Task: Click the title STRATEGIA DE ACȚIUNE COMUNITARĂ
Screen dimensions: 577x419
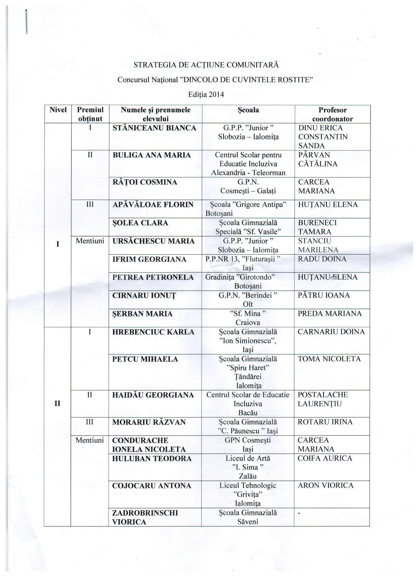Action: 206,65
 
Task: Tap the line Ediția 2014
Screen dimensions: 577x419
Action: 206,94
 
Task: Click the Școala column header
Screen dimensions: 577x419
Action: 248,110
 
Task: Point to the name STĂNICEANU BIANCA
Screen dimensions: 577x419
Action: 154,128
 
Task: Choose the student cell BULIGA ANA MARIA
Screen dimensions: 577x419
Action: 151,155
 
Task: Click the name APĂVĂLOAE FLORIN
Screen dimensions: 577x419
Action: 153,205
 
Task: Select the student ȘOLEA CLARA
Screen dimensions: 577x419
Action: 140,223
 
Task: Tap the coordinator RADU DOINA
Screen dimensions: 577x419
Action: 322,259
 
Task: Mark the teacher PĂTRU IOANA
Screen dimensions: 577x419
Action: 324,295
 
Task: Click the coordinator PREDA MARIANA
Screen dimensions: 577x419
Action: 330,313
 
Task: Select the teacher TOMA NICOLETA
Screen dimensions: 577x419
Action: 329,359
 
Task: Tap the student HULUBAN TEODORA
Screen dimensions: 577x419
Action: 152,459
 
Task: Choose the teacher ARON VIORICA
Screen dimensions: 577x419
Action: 326,485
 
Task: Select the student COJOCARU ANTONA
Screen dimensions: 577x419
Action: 152,486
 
